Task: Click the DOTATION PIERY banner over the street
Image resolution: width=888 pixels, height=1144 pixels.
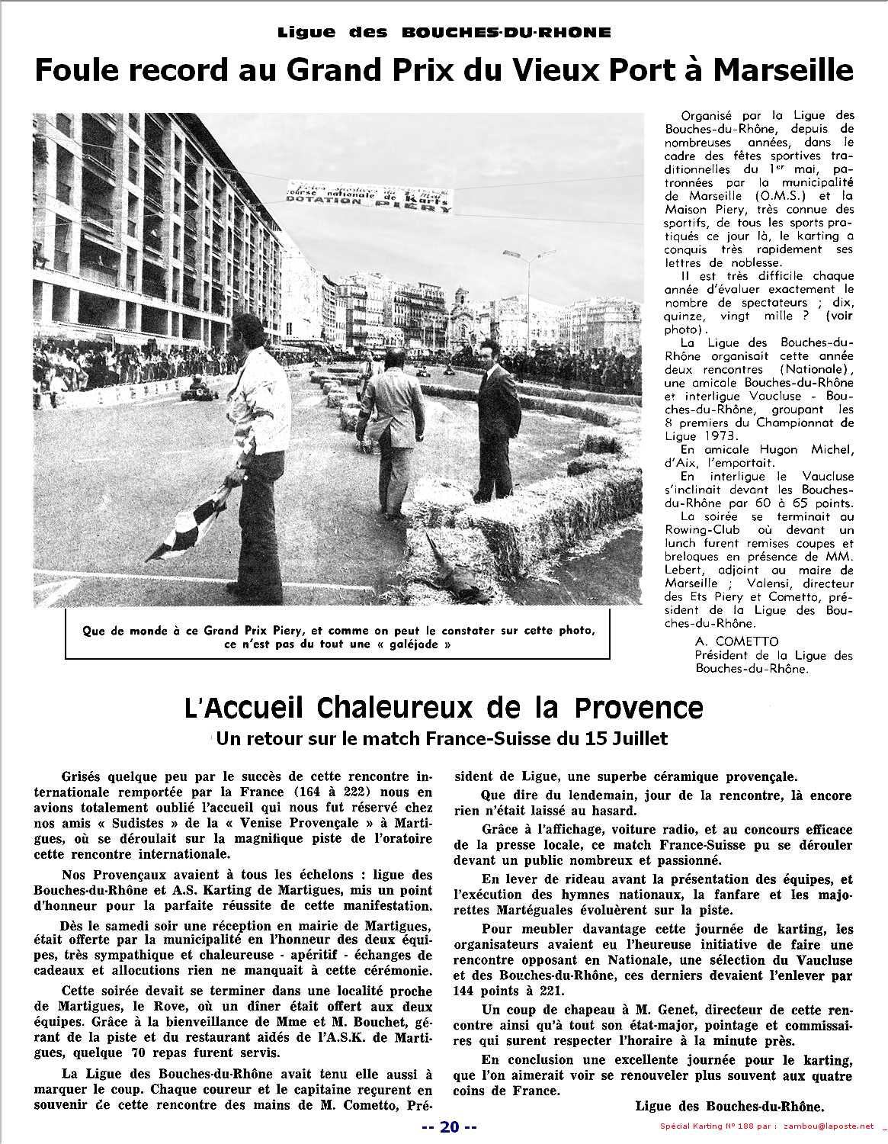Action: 369,197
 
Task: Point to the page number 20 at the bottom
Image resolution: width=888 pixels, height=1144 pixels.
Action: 449,1128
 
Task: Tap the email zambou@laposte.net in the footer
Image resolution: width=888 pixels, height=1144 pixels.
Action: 821,1128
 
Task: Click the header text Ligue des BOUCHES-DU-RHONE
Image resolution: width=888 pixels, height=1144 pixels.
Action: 444,32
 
